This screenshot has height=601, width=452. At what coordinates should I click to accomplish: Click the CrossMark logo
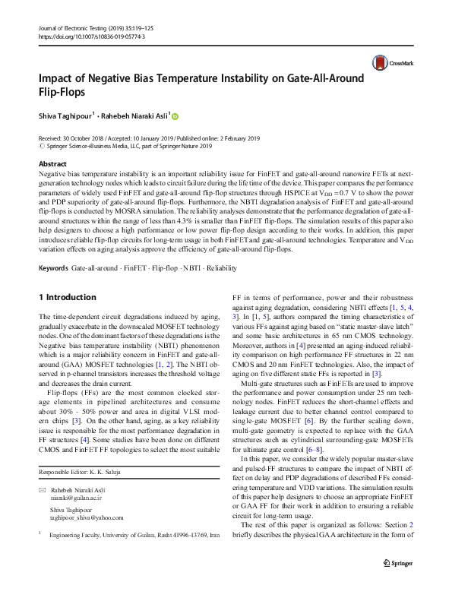coord(393,63)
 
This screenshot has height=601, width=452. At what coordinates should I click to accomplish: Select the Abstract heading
coord(52,164)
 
